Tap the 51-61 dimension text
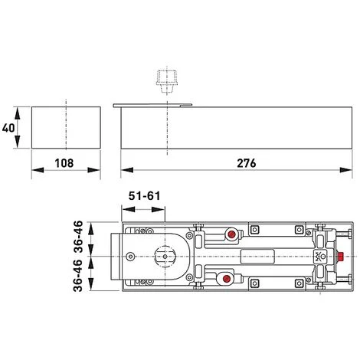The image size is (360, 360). coord(143,197)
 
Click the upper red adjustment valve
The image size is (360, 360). coord(229,232)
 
